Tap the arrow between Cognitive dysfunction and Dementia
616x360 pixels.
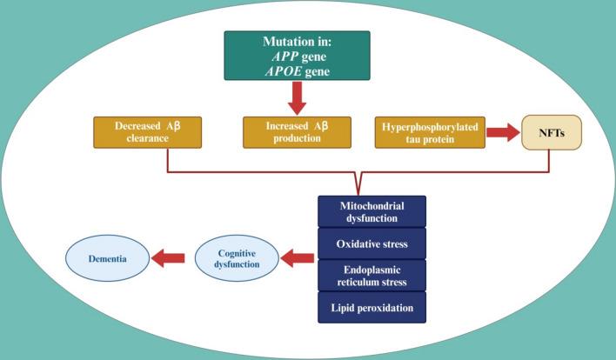(x=169, y=257)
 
